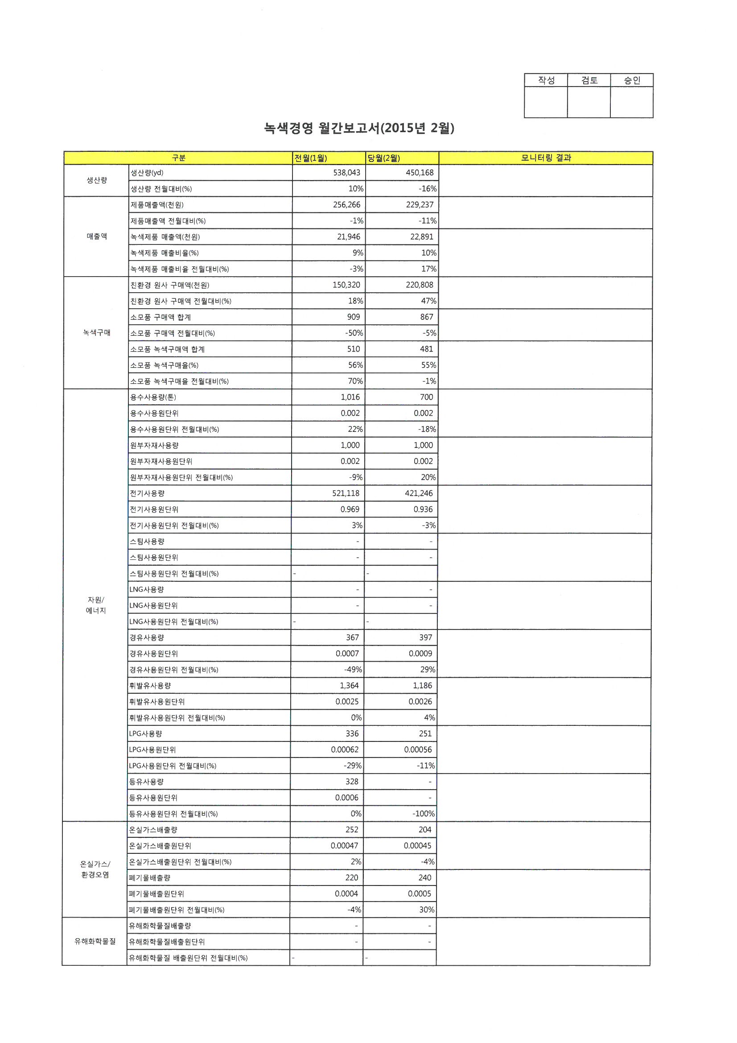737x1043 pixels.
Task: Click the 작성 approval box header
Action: pyautogui.click(x=546, y=80)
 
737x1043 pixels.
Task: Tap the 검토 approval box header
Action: pyautogui.click(x=589, y=80)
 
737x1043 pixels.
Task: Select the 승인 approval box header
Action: pyautogui.click(x=632, y=80)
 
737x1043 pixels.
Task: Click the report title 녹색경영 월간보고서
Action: pyautogui.click(x=359, y=128)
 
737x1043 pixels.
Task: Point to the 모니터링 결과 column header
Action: pyautogui.click(x=546, y=157)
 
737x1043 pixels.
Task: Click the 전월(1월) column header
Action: pyautogui.click(x=311, y=158)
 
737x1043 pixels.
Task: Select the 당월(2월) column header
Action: pyautogui.click(x=384, y=158)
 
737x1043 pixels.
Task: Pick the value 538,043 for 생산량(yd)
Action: pyautogui.click(x=346, y=173)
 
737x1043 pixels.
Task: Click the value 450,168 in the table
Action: pyautogui.click(x=420, y=173)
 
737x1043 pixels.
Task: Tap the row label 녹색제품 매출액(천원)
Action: pyautogui.click(x=165, y=237)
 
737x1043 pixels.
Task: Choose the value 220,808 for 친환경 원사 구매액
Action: pyautogui.click(x=420, y=285)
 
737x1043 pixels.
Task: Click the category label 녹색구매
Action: pyautogui.click(x=97, y=332)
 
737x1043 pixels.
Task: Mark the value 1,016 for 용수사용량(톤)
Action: pyautogui.click(x=350, y=397)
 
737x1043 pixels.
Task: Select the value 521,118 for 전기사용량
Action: pyautogui.click(x=346, y=493)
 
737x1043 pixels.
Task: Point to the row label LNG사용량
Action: pyautogui.click(x=147, y=590)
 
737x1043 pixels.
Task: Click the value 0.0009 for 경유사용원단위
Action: pyautogui.click(x=420, y=654)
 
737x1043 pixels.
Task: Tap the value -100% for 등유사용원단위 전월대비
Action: pyautogui.click(x=423, y=814)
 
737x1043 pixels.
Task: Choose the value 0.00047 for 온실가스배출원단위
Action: pyautogui.click(x=344, y=846)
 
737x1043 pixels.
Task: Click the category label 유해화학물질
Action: pyautogui.click(x=95, y=942)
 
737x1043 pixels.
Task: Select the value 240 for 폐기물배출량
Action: pyautogui.click(x=425, y=877)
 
